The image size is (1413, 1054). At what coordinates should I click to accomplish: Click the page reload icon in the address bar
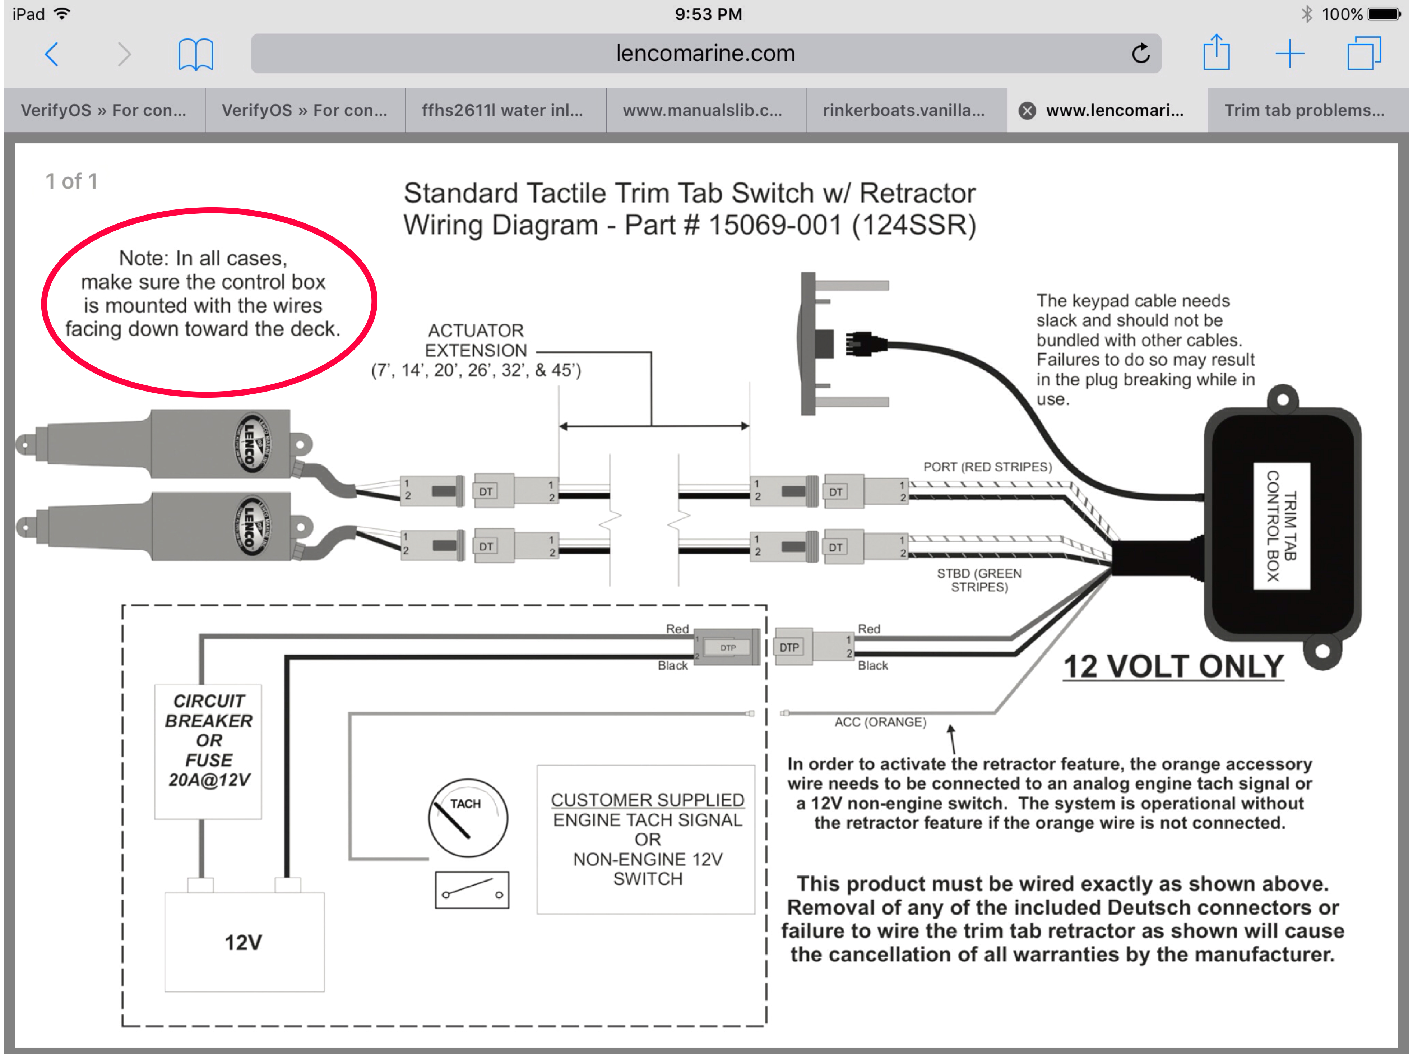click(1141, 54)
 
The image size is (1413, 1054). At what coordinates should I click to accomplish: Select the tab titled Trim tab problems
click(1304, 110)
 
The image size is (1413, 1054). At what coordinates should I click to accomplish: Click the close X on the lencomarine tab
click(1027, 111)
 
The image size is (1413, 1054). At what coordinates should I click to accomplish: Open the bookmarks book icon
click(195, 54)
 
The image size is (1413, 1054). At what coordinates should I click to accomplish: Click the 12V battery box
click(244, 942)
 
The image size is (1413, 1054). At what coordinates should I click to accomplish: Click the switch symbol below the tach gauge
click(472, 891)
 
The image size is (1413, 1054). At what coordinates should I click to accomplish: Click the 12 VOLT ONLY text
click(1172, 667)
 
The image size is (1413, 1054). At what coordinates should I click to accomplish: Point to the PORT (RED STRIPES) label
click(987, 467)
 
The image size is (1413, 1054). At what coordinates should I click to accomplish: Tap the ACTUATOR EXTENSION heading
click(476, 340)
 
